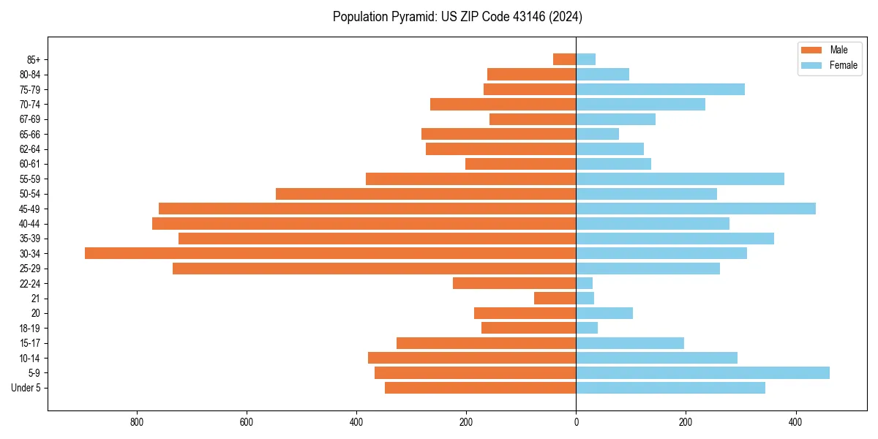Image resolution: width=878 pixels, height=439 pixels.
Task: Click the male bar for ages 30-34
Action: point(330,253)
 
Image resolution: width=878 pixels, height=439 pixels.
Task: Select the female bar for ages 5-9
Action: point(702,373)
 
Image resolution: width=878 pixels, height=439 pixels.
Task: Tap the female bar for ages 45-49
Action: point(696,209)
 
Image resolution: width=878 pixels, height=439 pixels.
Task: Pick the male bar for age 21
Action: point(555,299)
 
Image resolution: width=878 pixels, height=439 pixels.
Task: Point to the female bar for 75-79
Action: point(660,89)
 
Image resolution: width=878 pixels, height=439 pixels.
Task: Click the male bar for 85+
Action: point(564,59)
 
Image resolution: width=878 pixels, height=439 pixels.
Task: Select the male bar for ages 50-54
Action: point(426,194)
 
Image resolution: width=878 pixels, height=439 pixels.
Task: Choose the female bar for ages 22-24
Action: point(585,283)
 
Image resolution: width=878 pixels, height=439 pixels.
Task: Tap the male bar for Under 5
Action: point(480,388)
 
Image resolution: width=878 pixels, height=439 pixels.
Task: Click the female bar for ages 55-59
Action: point(680,179)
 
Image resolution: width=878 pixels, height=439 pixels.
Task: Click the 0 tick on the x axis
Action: point(576,422)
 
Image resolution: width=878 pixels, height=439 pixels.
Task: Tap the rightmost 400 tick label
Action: point(795,422)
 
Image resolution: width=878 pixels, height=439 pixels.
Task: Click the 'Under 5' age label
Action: point(26,388)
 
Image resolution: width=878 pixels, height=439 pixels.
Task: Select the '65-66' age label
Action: point(30,135)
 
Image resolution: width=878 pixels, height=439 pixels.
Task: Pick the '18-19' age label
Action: point(30,329)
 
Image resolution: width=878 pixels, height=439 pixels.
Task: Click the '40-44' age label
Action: point(30,224)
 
